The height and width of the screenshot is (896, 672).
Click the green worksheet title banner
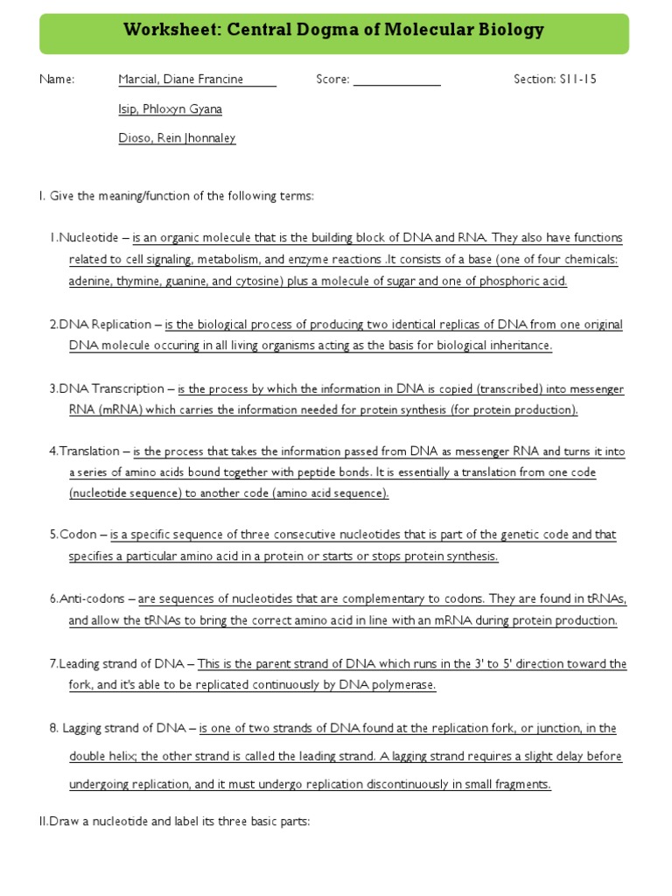pos(335,33)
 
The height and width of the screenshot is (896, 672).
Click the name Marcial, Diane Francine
pos(182,80)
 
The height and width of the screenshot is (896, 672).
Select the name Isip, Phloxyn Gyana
pos(170,108)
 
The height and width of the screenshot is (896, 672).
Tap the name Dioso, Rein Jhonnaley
pos(177,137)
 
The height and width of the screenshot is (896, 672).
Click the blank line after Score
pos(396,80)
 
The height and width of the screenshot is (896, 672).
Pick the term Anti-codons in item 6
pos(92,599)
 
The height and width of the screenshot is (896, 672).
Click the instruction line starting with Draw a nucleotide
pos(175,822)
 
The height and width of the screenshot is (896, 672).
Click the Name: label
pos(57,80)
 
